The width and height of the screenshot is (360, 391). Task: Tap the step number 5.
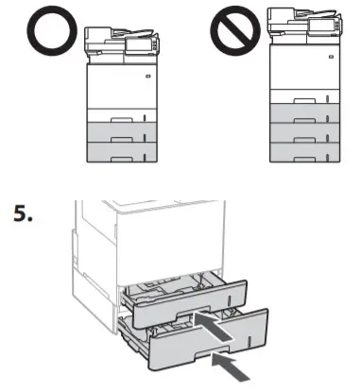click(x=24, y=213)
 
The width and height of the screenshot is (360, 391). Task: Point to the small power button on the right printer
click(x=330, y=57)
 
